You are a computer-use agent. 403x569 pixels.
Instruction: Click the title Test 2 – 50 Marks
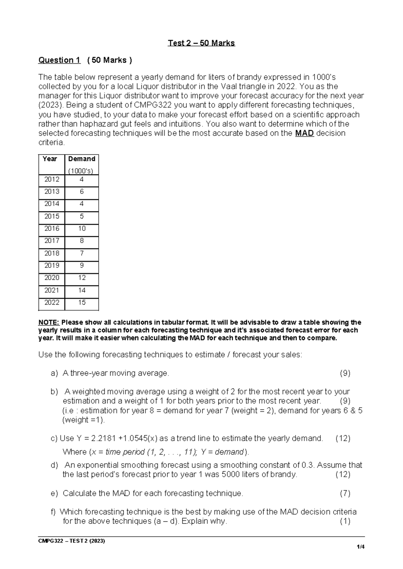click(x=201, y=43)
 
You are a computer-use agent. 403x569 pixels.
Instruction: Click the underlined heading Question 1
click(x=59, y=60)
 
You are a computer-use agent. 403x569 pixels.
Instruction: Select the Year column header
click(x=50, y=159)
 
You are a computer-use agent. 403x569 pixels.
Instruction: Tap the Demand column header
click(x=82, y=159)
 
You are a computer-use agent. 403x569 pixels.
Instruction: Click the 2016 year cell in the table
click(x=52, y=228)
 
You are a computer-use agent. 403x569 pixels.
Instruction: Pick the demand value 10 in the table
click(x=82, y=228)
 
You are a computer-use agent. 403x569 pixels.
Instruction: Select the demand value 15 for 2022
click(x=82, y=302)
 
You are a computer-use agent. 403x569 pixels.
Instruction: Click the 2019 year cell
click(x=52, y=265)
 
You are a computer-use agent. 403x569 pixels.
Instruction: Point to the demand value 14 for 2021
click(x=82, y=290)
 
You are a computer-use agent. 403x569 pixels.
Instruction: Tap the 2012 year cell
click(x=52, y=179)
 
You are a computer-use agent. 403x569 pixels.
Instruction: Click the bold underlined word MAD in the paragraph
click(x=304, y=133)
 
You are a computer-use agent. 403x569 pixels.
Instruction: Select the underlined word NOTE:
click(x=49, y=322)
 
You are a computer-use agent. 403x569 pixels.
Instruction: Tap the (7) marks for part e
click(x=345, y=493)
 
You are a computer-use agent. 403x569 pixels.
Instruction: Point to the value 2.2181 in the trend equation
click(x=100, y=438)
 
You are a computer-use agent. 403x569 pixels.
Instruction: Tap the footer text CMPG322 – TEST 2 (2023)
click(x=72, y=541)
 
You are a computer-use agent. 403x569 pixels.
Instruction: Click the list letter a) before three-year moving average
click(x=54, y=373)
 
